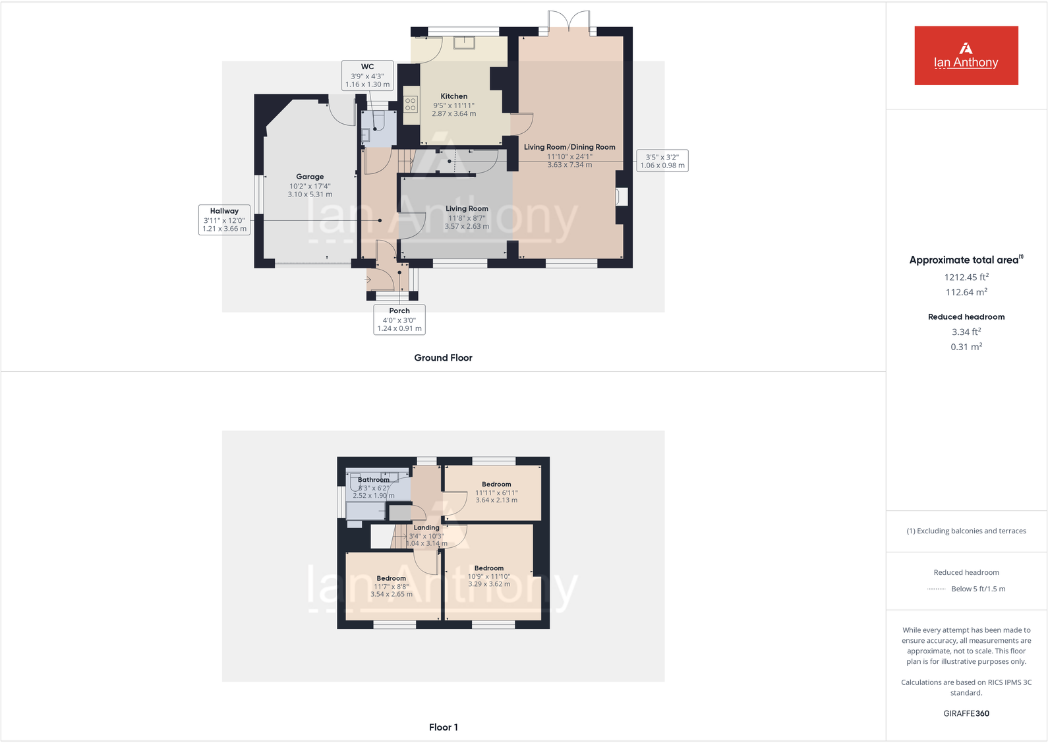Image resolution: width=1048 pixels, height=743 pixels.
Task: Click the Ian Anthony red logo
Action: (x=966, y=55)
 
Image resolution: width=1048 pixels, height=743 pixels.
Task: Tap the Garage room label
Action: (x=310, y=177)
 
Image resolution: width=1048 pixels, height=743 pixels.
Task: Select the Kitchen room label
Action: (x=454, y=96)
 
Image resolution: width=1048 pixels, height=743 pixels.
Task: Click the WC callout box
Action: (x=367, y=75)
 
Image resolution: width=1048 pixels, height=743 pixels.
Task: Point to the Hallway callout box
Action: (x=224, y=220)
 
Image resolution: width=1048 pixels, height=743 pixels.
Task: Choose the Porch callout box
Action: (x=399, y=320)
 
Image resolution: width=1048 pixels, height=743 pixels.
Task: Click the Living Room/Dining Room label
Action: (x=569, y=147)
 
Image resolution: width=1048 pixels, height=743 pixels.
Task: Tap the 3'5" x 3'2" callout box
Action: (x=662, y=161)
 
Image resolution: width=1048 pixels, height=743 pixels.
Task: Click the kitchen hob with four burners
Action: (x=411, y=104)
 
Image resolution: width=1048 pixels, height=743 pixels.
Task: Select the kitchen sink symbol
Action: (x=464, y=42)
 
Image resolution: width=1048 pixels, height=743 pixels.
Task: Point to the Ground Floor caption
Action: (x=443, y=358)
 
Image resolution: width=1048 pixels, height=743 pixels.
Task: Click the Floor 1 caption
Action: (x=443, y=727)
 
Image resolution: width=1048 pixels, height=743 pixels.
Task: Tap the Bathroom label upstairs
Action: (x=374, y=480)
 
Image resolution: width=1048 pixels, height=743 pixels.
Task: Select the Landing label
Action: (x=426, y=527)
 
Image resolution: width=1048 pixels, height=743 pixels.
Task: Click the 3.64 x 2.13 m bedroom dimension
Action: (x=496, y=500)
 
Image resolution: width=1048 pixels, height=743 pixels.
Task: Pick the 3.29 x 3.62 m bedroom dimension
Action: (x=489, y=584)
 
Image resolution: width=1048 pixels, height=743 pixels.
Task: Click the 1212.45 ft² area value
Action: (x=966, y=278)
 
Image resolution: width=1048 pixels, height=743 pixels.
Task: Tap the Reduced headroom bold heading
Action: (x=966, y=317)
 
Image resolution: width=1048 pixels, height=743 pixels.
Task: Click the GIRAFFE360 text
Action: (x=966, y=713)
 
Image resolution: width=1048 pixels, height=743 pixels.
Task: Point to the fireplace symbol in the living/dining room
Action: (x=622, y=196)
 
